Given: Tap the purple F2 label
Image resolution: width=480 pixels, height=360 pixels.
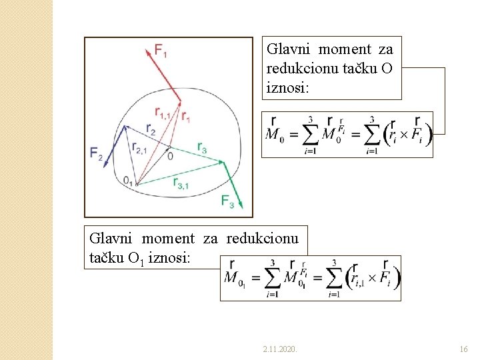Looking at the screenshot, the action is tap(97, 153).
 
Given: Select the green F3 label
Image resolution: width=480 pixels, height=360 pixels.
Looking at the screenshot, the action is tap(227, 201).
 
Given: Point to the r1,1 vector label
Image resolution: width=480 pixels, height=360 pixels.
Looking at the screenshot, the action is tap(163, 112).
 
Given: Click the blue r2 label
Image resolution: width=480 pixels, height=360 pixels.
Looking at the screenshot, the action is tap(151, 129).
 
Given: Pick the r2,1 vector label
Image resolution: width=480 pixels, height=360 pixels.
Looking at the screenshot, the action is tap(140, 148).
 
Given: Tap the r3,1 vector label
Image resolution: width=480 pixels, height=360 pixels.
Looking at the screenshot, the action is tap(180, 183).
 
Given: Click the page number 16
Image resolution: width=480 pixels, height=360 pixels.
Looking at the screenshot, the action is tap(465, 349).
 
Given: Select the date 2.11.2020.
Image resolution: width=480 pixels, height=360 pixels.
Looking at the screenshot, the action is tap(280, 349).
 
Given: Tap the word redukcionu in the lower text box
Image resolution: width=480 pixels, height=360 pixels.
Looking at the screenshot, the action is tap(262, 239).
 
